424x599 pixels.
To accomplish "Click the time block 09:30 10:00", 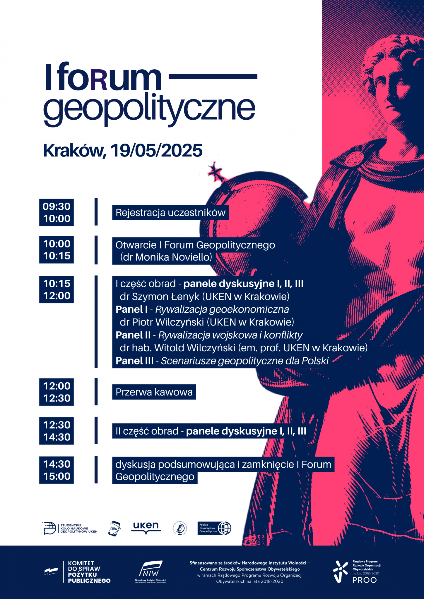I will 57,212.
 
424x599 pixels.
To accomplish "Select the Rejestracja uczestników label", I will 170,213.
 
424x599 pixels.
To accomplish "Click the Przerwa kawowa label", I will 154,392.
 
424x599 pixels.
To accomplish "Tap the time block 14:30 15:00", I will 57,470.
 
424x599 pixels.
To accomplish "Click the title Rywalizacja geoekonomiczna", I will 222,309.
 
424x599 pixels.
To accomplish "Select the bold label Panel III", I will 134,361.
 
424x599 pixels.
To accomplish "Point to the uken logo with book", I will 146,528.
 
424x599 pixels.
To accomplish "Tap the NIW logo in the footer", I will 151,572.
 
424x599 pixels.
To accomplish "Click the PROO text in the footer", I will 365,580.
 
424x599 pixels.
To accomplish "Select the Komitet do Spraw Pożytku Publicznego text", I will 89,572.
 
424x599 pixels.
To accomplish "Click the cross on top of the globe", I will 216,172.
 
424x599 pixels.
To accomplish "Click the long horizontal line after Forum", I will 213,77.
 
